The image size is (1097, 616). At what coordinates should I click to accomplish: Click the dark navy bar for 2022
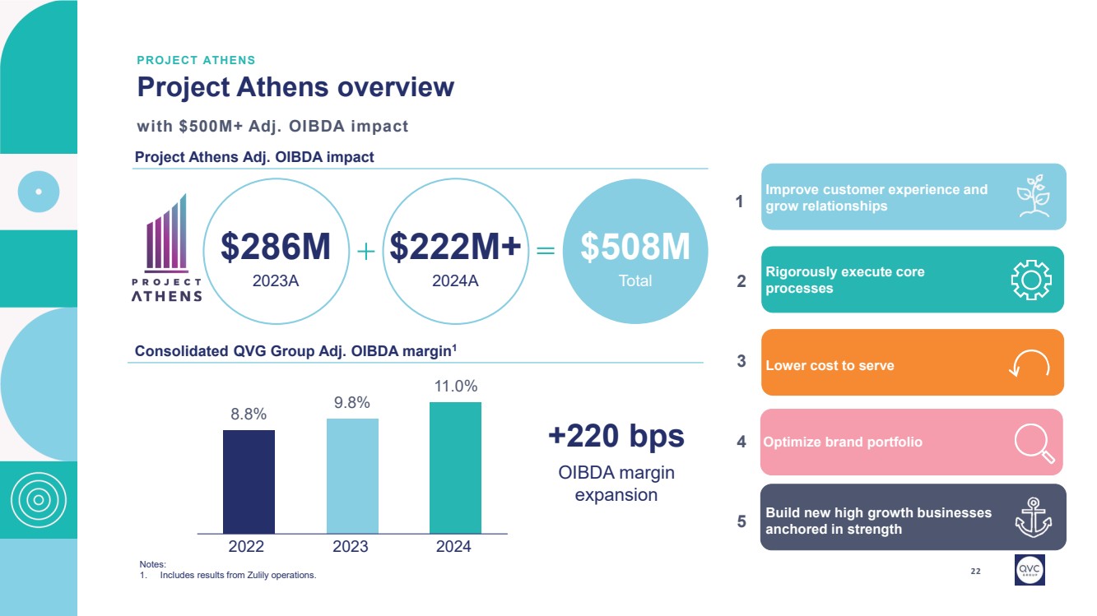[x=249, y=481]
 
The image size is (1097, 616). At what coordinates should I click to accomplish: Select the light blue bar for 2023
[x=352, y=475]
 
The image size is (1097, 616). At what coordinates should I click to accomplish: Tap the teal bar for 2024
[x=455, y=467]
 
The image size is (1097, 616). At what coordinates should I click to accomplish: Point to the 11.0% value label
[x=456, y=386]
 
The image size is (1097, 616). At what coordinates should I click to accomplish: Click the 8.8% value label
[x=249, y=415]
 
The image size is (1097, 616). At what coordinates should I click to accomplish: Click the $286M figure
[x=276, y=248]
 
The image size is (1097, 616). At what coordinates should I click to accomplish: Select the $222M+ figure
[x=455, y=248]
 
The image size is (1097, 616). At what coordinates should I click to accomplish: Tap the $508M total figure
[x=634, y=248]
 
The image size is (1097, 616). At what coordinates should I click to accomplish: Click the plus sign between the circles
[x=366, y=252]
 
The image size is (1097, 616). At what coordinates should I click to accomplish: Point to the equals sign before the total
[x=546, y=252]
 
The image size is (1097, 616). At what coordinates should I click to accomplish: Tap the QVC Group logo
[x=1030, y=568]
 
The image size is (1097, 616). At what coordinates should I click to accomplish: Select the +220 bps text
[x=616, y=436]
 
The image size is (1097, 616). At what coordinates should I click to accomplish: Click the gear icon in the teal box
[x=1030, y=280]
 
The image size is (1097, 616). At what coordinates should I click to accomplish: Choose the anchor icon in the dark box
[x=1033, y=517]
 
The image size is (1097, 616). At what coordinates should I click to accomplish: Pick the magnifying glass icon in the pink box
[x=1034, y=443]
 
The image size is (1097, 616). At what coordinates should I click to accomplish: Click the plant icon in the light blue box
[x=1033, y=196]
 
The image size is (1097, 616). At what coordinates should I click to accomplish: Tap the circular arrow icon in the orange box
[x=1030, y=364]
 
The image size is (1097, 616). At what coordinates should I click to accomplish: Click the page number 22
[x=976, y=571]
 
